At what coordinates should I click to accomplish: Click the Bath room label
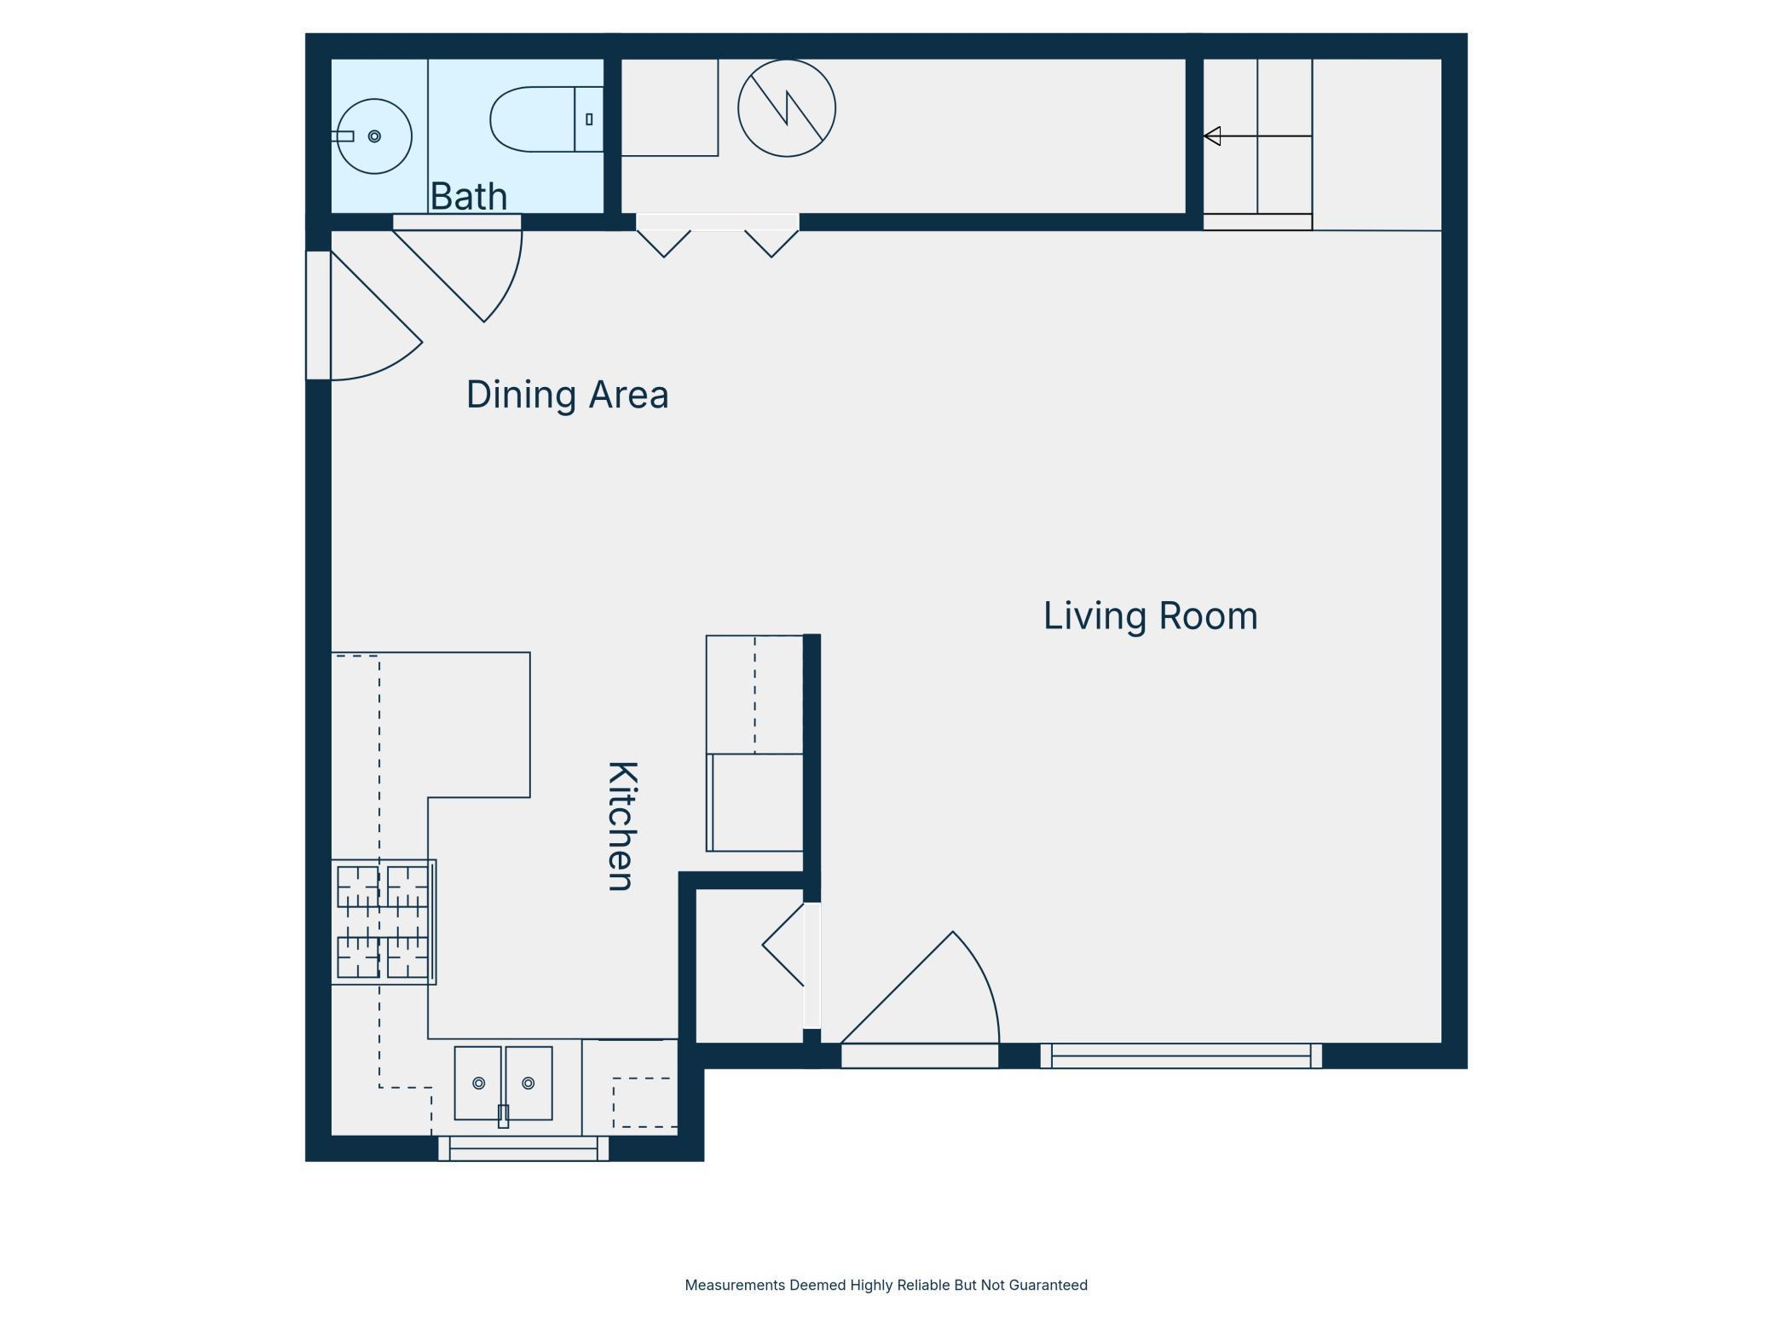(x=469, y=196)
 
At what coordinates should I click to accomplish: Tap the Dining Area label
(x=567, y=395)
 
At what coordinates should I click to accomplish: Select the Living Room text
(x=1150, y=616)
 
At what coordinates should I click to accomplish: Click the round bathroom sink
(x=374, y=136)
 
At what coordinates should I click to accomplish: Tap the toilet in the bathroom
(x=546, y=119)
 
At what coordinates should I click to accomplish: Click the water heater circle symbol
(x=787, y=108)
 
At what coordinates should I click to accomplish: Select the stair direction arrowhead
(x=1212, y=136)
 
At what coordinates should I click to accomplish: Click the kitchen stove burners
(x=384, y=922)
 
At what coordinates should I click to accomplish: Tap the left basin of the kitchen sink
(x=478, y=1083)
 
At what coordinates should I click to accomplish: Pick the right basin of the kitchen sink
(x=528, y=1083)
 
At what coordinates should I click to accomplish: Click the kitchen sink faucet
(x=504, y=1116)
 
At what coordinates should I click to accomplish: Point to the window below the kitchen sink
(x=523, y=1148)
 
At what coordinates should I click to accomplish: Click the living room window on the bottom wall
(x=1181, y=1055)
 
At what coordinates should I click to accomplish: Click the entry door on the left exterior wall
(x=318, y=315)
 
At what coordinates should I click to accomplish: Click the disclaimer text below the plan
(x=886, y=1285)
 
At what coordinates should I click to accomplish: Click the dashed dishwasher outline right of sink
(x=644, y=1102)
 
